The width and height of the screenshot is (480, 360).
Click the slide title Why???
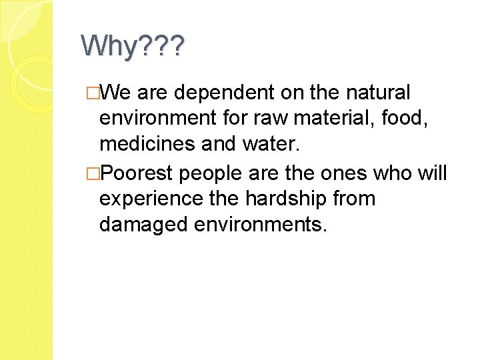click(134, 47)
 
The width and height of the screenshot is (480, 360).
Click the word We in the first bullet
click(118, 91)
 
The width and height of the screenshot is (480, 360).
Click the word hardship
click(287, 199)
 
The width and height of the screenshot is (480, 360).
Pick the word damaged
click(142, 225)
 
